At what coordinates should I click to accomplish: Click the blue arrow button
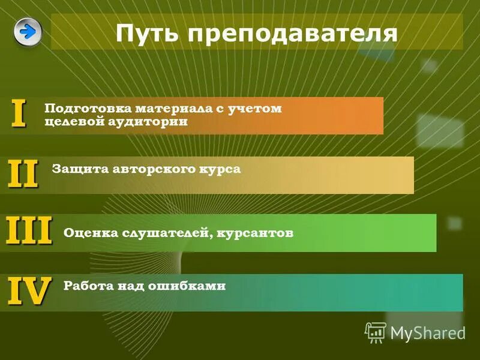click(x=28, y=31)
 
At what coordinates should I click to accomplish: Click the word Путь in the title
click(x=146, y=32)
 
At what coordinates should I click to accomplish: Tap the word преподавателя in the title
click(x=292, y=32)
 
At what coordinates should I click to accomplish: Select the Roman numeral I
click(x=19, y=114)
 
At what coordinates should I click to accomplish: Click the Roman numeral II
click(x=23, y=175)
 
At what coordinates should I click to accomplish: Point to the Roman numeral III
click(x=29, y=231)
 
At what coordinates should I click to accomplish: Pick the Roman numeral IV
click(x=29, y=292)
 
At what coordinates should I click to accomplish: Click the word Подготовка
click(x=88, y=109)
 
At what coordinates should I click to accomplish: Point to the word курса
click(x=220, y=169)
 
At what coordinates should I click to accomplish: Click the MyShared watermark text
click(x=428, y=332)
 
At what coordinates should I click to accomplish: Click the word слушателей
click(x=164, y=233)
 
